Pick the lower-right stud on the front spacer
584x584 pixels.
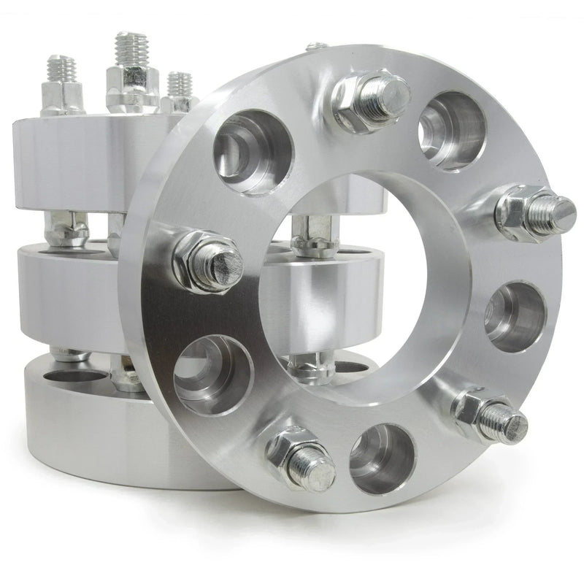[x=491, y=416]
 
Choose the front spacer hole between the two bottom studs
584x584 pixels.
[x=383, y=457]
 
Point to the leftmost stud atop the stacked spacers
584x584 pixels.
[x=63, y=84]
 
